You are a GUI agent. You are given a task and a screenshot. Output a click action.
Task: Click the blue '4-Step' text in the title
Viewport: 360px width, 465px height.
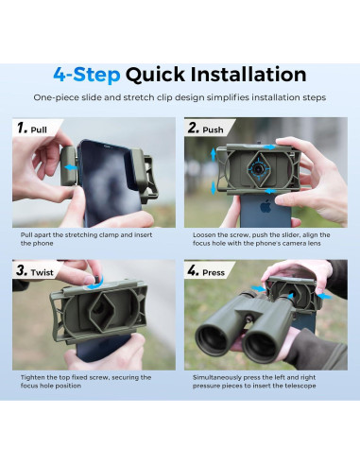coord(87,75)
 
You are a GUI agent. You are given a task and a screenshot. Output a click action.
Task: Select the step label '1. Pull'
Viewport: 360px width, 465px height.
coord(32,129)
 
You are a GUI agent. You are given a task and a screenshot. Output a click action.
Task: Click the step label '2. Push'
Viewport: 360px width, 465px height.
coord(206,129)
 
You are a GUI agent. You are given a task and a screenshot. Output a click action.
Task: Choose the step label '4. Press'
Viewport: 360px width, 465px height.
coord(206,271)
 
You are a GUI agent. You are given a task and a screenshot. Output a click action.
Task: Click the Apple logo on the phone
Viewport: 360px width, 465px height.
coord(266,206)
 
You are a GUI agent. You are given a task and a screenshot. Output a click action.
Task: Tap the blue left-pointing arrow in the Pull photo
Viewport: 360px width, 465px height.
coord(71,167)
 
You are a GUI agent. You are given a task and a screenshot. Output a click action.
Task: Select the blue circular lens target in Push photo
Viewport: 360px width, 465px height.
coord(259,169)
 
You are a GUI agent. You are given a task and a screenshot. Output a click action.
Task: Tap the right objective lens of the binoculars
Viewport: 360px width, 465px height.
coord(261,347)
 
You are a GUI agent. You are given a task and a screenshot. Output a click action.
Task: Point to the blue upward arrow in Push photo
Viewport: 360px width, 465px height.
coord(214,155)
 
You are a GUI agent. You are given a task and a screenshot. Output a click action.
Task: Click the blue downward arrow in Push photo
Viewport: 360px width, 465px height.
coord(214,188)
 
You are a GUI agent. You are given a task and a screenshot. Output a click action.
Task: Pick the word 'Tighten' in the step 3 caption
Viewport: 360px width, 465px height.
coord(32,378)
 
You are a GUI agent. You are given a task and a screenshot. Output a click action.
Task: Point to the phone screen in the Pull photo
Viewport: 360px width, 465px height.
coord(107,182)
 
